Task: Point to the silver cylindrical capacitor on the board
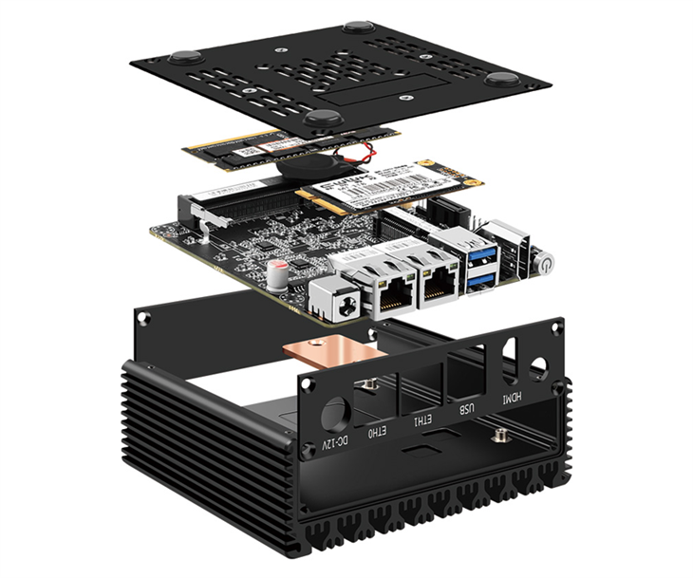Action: click(x=278, y=274)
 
